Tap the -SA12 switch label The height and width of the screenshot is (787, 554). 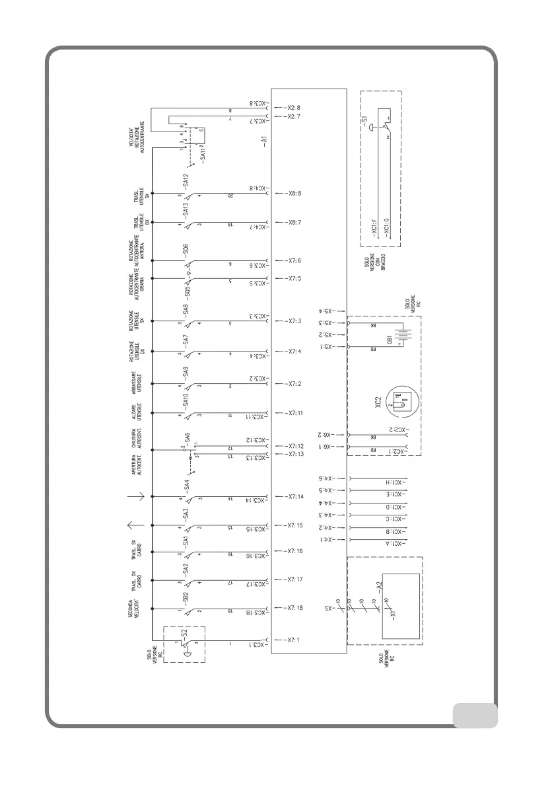(x=186, y=181)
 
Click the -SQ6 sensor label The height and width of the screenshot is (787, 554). (x=186, y=250)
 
